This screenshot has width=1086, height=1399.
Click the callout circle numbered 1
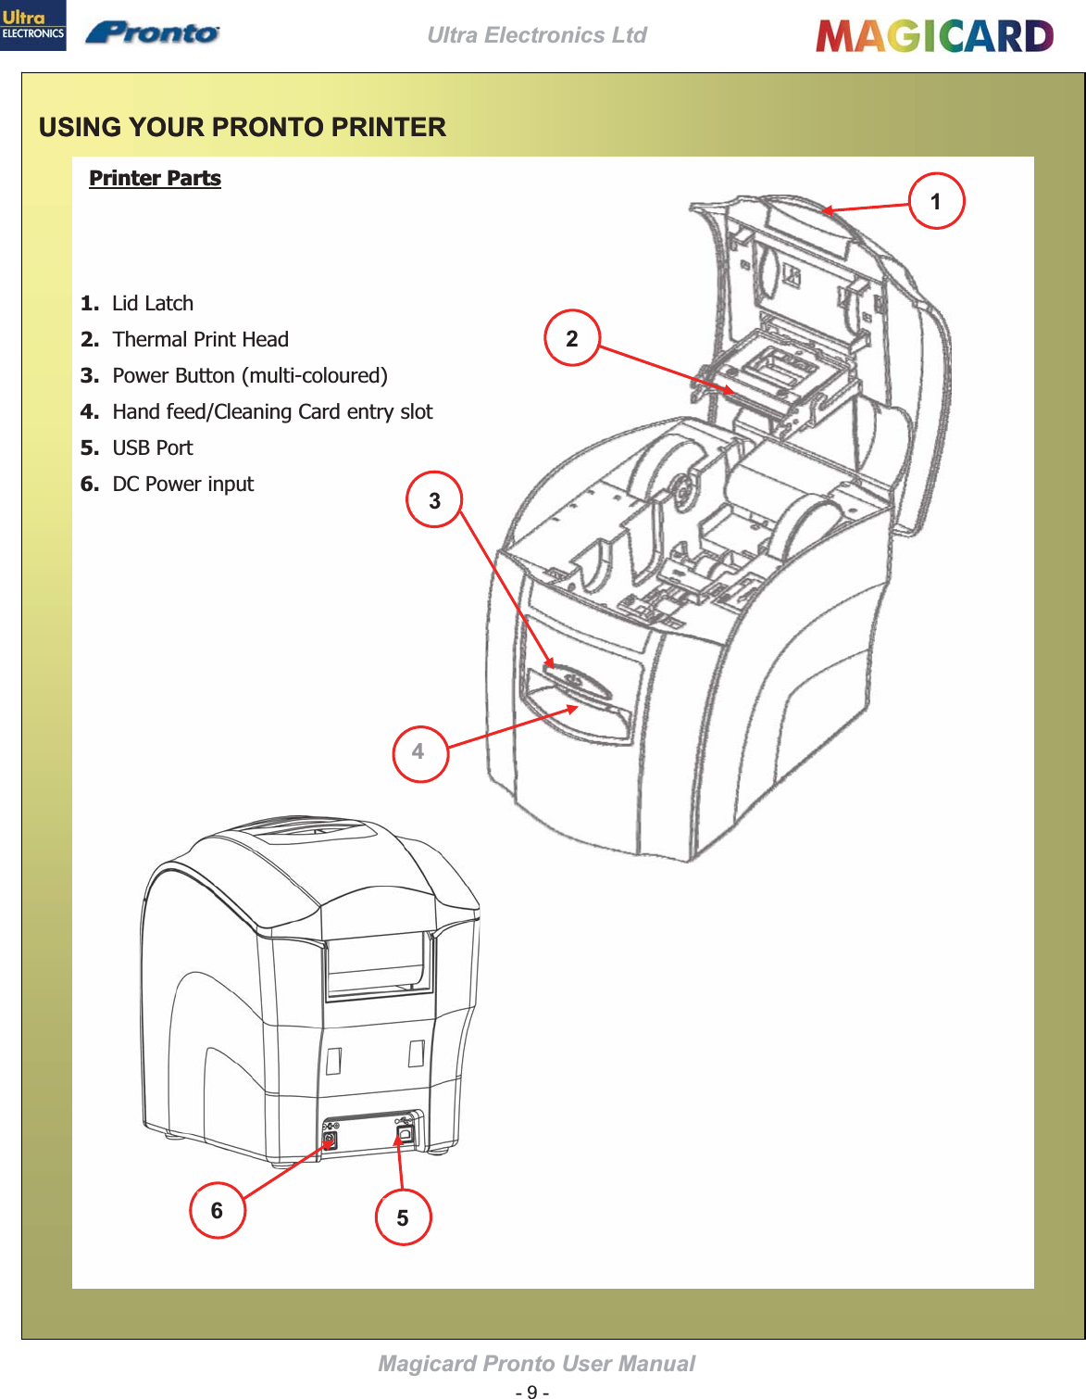click(x=936, y=201)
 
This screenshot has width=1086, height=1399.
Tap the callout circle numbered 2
click(x=572, y=338)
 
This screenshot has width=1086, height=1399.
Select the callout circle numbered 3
click(x=434, y=500)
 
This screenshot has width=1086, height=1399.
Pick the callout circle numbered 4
click(x=419, y=752)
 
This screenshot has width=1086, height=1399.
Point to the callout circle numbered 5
click(x=403, y=1217)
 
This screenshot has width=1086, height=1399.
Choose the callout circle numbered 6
click(x=217, y=1210)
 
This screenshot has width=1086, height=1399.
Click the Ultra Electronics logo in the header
click(x=32, y=25)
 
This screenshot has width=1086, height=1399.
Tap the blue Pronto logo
click(x=153, y=33)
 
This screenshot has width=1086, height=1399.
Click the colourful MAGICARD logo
click(x=934, y=36)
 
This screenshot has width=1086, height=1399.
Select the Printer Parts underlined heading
click(x=155, y=178)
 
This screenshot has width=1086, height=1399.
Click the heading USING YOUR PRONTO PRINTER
click(x=243, y=127)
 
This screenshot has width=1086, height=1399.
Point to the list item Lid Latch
click(x=152, y=304)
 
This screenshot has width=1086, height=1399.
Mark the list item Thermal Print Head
click(x=200, y=340)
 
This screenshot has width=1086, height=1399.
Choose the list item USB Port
click(x=152, y=448)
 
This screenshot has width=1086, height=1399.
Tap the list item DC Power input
click(x=182, y=485)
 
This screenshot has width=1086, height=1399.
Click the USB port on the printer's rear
click(x=405, y=1133)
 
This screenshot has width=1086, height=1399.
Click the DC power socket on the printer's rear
click(x=330, y=1139)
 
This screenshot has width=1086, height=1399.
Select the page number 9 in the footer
click(x=531, y=1391)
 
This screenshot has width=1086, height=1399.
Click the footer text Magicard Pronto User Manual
click(x=536, y=1364)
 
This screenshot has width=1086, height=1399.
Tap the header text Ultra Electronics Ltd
click(x=537, y=35)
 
